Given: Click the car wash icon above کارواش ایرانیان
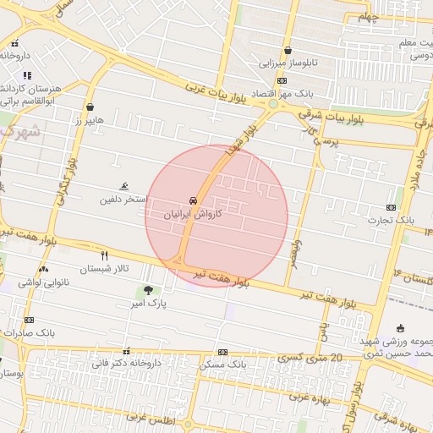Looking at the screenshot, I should [x=195, y=201].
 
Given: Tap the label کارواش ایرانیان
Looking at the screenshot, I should [x=195, y=215].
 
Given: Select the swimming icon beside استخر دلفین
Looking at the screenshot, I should [x=125, y=187].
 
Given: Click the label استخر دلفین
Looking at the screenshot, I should [x=123, y=200].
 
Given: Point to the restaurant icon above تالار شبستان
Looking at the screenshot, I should [x=105, y=255].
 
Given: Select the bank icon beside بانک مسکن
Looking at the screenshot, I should [x=222, y=352].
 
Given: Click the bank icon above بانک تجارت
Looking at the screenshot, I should [x=391, y=207].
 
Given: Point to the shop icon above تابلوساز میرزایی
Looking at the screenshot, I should [x=288, y=50].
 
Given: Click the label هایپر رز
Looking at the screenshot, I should [x=88, y=120].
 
